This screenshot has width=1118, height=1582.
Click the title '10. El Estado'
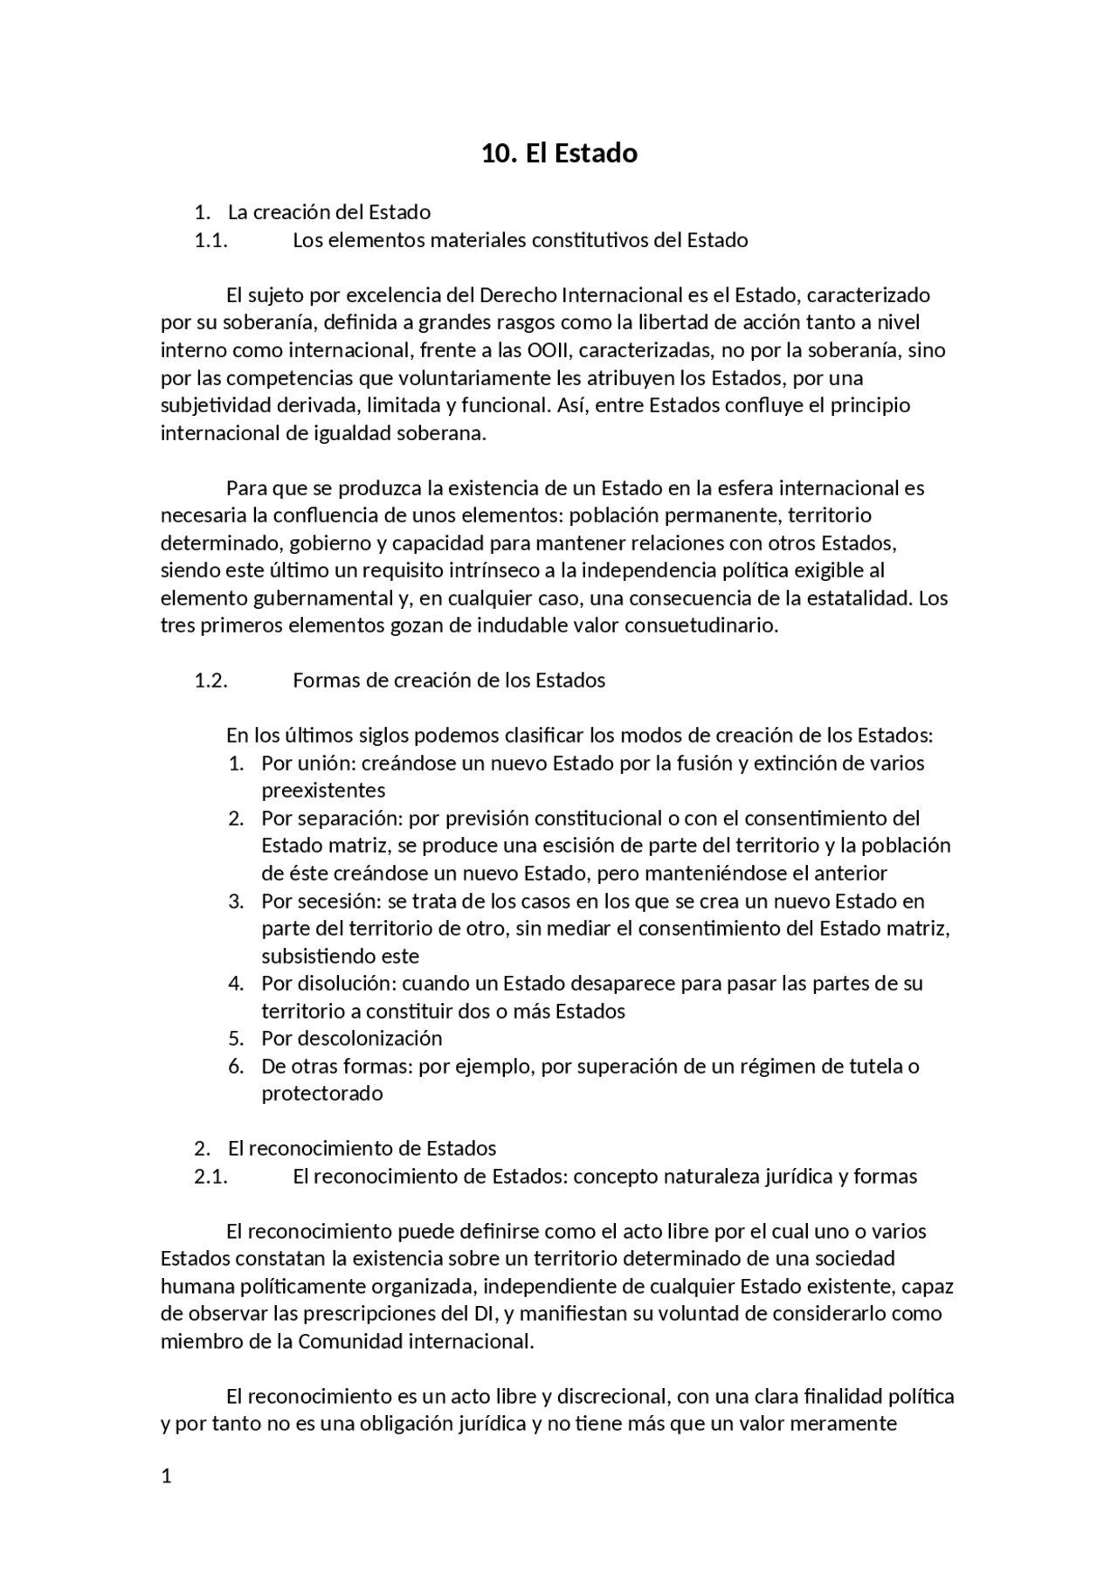[x=559, y=154]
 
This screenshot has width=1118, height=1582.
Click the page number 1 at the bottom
[x=166, y=1476]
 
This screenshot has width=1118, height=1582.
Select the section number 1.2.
[x=210, y=680]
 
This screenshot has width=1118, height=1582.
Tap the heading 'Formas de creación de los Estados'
[x=449, y=680]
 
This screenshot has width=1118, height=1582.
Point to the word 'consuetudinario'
[x=700, y=625]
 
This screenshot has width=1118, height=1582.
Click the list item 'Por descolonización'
[x=351, y=1038]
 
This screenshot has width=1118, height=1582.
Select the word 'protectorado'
[x=321, y=1093]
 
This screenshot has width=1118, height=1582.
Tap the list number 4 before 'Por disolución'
[x=235, y=983]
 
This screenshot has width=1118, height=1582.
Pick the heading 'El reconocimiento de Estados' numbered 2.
[x=362, y=1148]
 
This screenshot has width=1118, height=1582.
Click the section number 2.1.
[x=210, y=1176]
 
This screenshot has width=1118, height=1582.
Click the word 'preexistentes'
[x=323, y=791]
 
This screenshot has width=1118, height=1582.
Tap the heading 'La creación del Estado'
[x=329, y=212]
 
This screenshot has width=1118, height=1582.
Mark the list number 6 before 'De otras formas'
[x=235, y=1066]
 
